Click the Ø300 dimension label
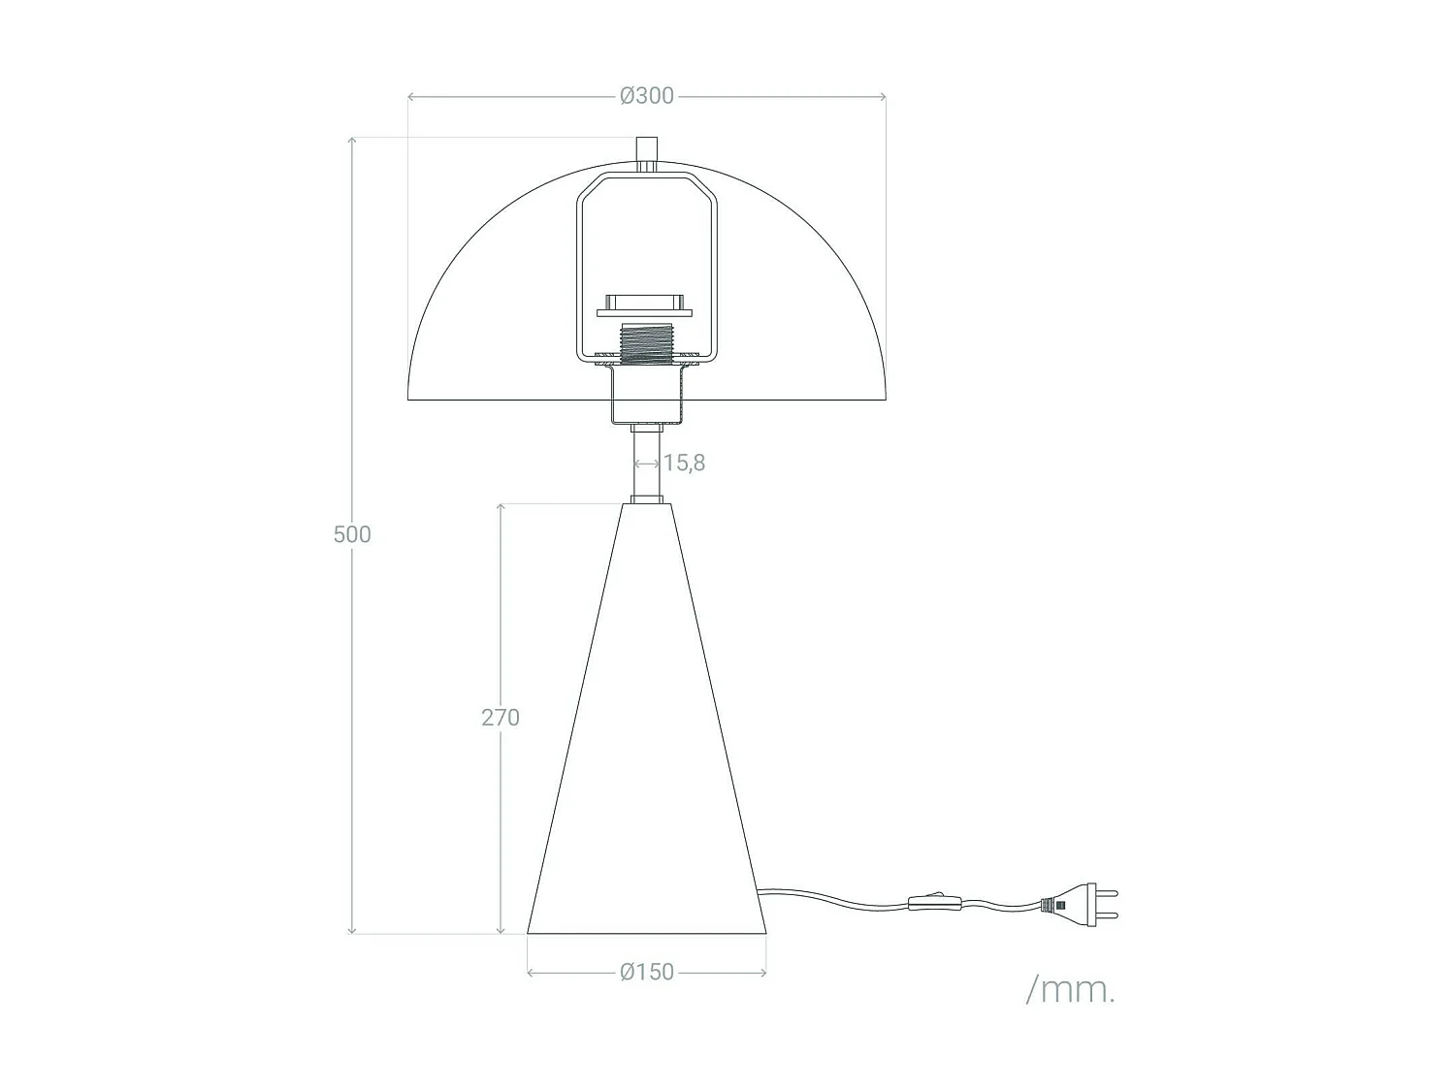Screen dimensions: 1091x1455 click(646, 96)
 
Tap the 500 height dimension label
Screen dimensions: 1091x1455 click(352, 534)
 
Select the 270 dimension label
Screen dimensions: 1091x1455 click(501, 718)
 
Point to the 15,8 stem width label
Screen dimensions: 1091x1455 click(684, 463)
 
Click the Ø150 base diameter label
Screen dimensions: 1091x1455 click(647, 972)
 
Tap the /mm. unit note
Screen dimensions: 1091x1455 click(1070, 990)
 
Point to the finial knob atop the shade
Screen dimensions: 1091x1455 click(646, 151)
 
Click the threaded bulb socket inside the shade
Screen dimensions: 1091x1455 click(646, 345)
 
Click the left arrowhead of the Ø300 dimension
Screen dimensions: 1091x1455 click(411, 96)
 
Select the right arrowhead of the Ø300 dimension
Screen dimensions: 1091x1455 click(882, 96)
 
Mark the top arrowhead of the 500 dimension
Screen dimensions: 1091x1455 click(352, 142)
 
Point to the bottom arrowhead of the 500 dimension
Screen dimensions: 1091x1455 click(352, 930)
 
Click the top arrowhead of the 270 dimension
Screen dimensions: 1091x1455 click(501, 507)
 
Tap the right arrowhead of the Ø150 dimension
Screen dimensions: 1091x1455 click(762, 972)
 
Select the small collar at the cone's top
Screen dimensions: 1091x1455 click(646, 499)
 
